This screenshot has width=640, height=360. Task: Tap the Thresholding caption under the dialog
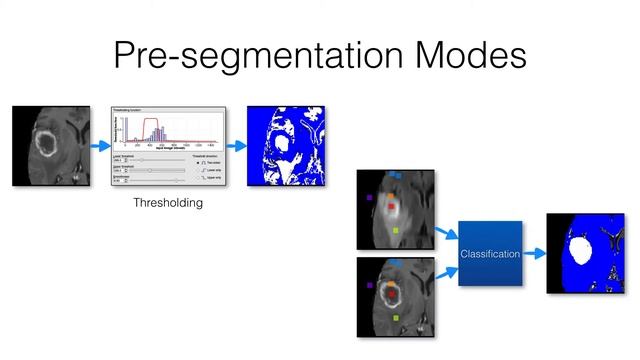[x=168, y=203]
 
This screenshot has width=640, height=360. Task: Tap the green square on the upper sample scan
[x=396, y=231]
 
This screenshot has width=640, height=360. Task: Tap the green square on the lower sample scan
[x=396, y=317]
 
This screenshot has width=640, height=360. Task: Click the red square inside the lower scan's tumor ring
[x=393, y=294]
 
